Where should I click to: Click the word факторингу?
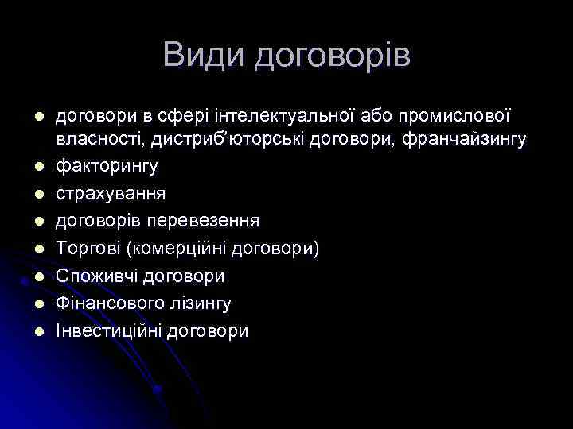tap(107, 167)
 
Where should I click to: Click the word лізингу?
tap(206, 303)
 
